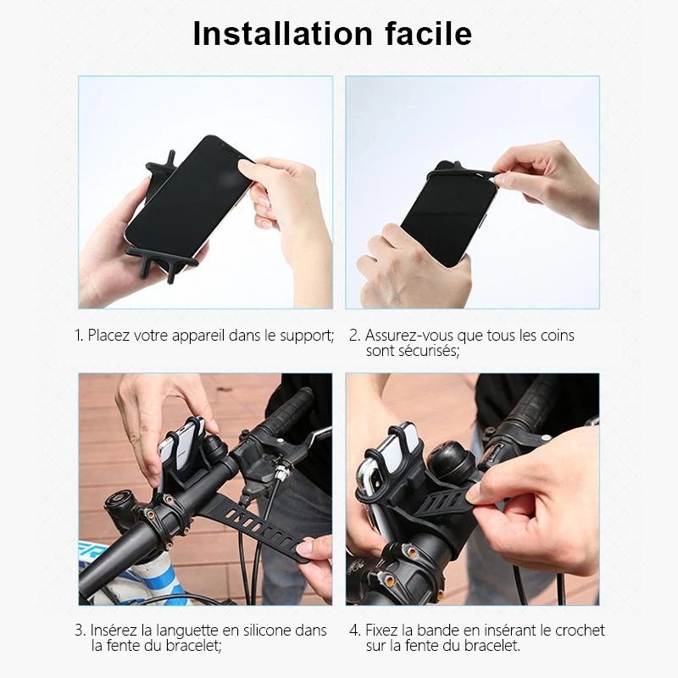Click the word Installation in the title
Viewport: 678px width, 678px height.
pos(278,34)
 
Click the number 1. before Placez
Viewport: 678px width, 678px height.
pos(79,336)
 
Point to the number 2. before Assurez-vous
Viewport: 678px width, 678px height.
pos(354,336)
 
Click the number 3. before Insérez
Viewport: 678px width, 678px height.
pos(79,631)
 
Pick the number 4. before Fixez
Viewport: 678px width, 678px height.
pos(354,631)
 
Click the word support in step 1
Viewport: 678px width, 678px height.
pos(304,336)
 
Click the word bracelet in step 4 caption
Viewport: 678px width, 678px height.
pos(487,646)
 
